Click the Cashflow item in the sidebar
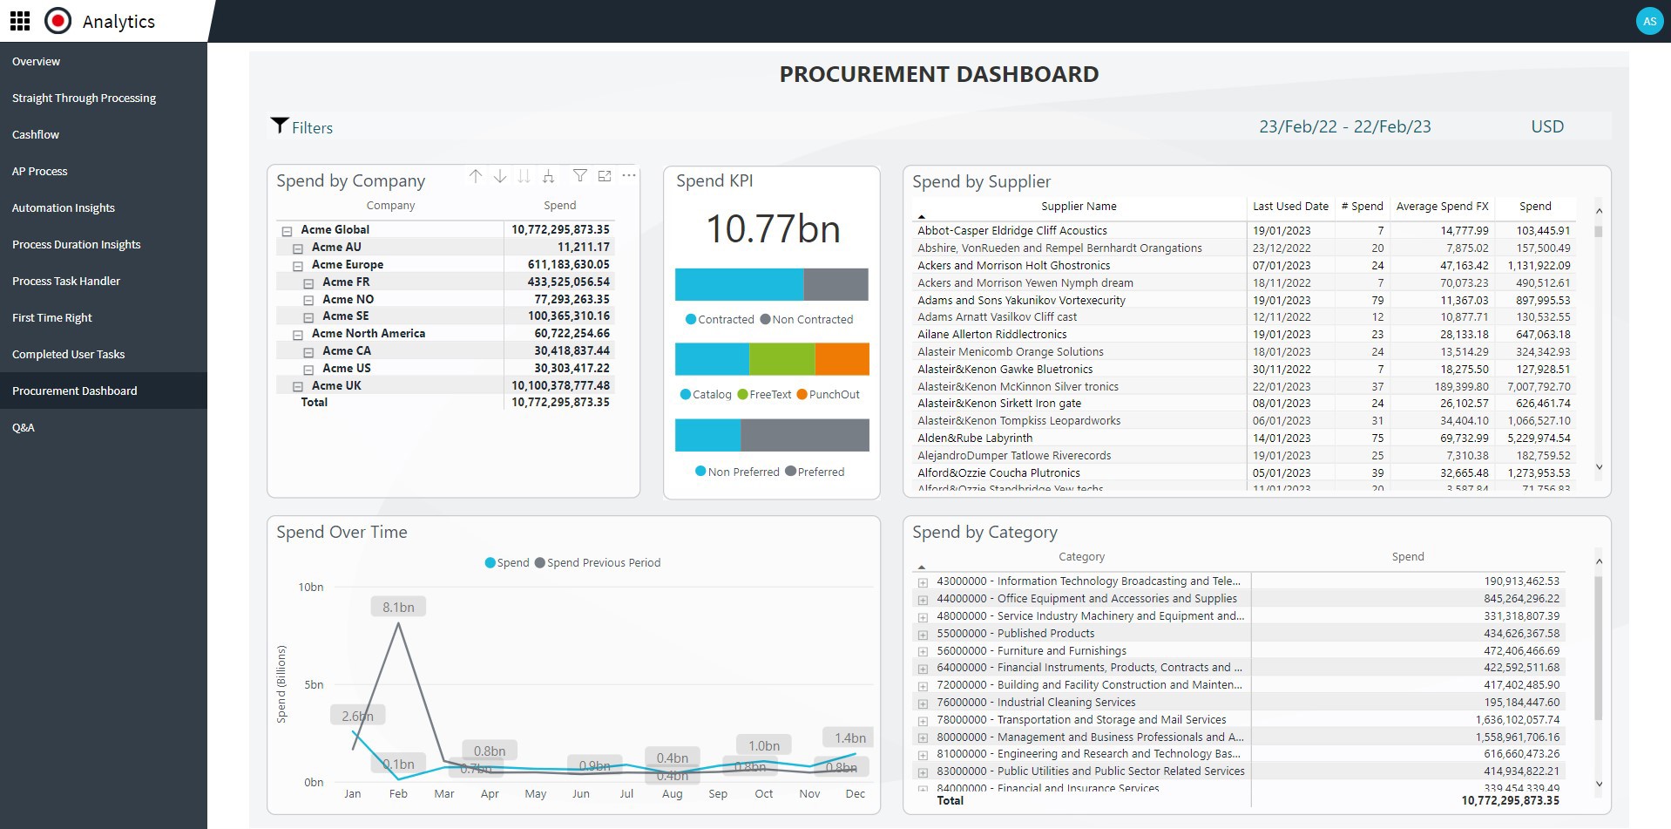[36, 134]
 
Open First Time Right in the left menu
[52, 317]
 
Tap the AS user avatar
[1648, 21]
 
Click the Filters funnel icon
[279, 126]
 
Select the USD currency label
[1546, 126]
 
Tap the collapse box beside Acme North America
[297, 335]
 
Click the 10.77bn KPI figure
[772, 229]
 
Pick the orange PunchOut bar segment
[842, 359]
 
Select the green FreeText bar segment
[781, 359]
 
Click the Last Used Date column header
[1289, 207]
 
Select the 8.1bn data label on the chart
[398, 607]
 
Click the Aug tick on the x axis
[672, 793]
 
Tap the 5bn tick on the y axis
[314, 684]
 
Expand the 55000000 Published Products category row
[923, 635]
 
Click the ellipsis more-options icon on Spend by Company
[629, 176]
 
